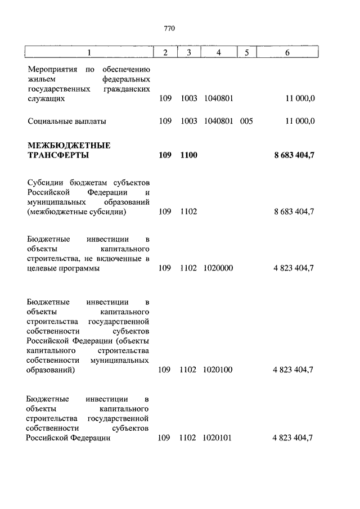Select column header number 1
point(88,53)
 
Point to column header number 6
point(287,53)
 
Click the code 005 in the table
point(246,121)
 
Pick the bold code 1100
point(188,155)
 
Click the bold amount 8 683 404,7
point(293,155)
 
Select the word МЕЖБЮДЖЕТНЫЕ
point(61,146)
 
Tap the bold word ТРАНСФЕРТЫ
point(58,155)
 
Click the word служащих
point(45,98)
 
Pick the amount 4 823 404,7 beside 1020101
point(293,438)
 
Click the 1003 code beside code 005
point(188,121)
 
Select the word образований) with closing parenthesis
point(51,370)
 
